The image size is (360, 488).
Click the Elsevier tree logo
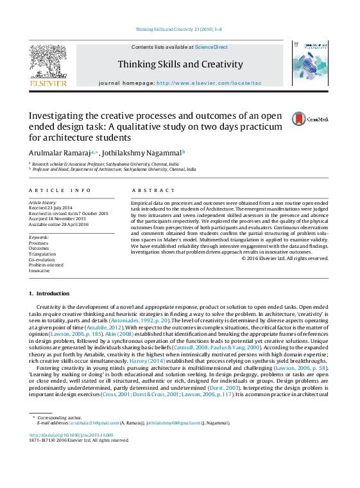[x=48, y=64]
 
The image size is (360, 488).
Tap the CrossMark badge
[x=310, y=119]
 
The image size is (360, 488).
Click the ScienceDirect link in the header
[x=212, y=47]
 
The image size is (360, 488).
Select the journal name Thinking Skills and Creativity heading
[x=180, y=64]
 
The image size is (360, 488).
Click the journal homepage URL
[x=209, y=83]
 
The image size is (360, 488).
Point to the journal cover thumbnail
[x=310, y=64]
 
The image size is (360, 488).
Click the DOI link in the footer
[x=71, y=435]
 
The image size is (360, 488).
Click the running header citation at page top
[x=180, y=30]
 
